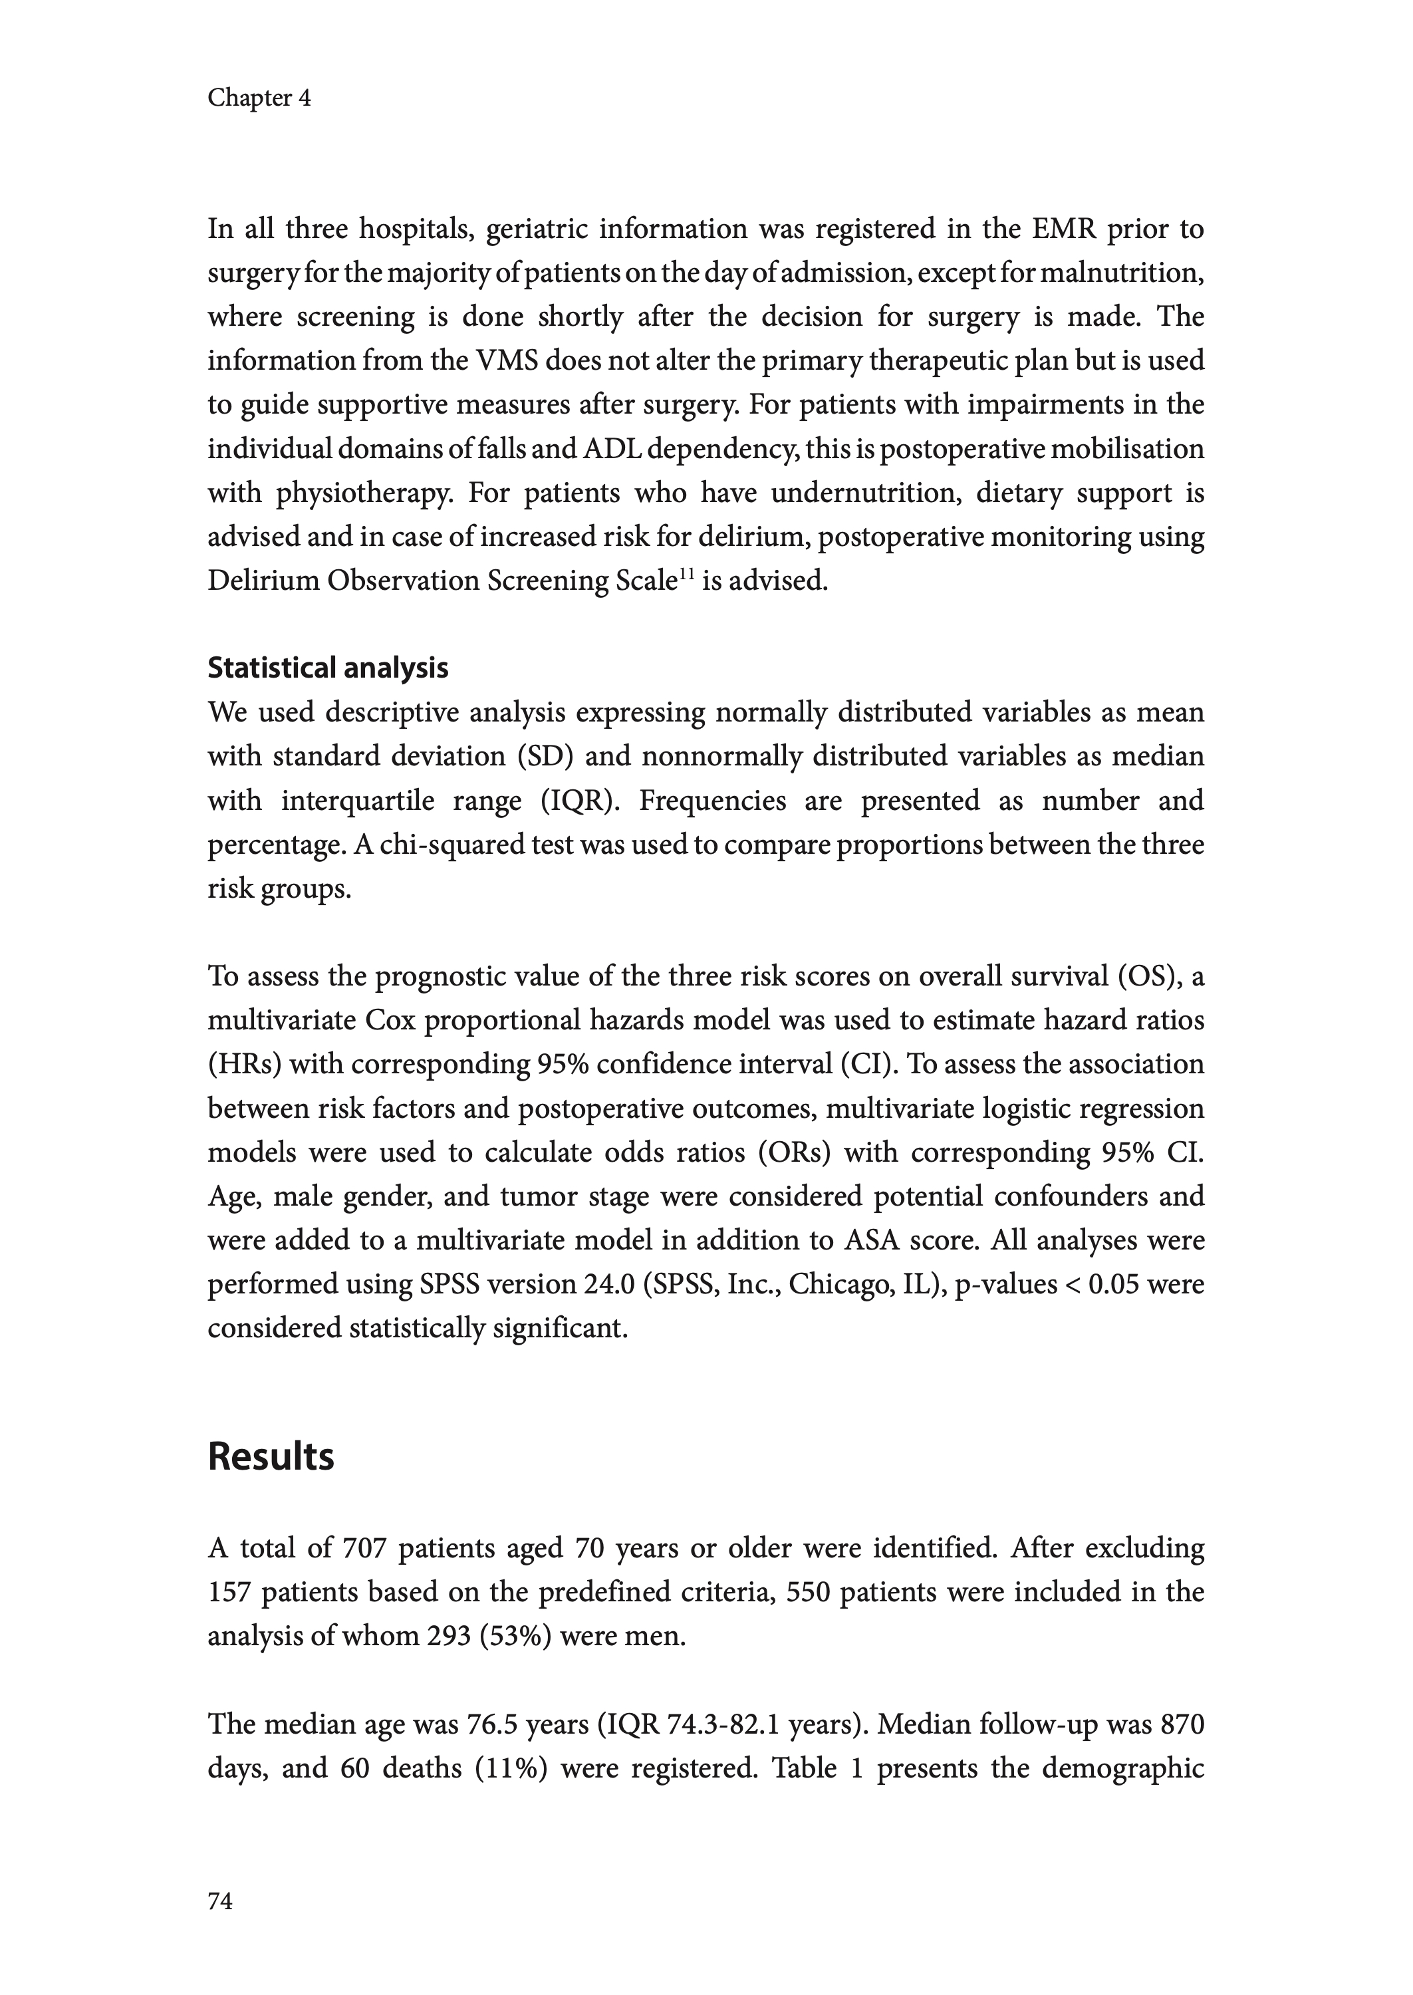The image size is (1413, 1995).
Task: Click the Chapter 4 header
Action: pos(259,98)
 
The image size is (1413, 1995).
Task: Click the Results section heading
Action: pos(271,1456)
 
